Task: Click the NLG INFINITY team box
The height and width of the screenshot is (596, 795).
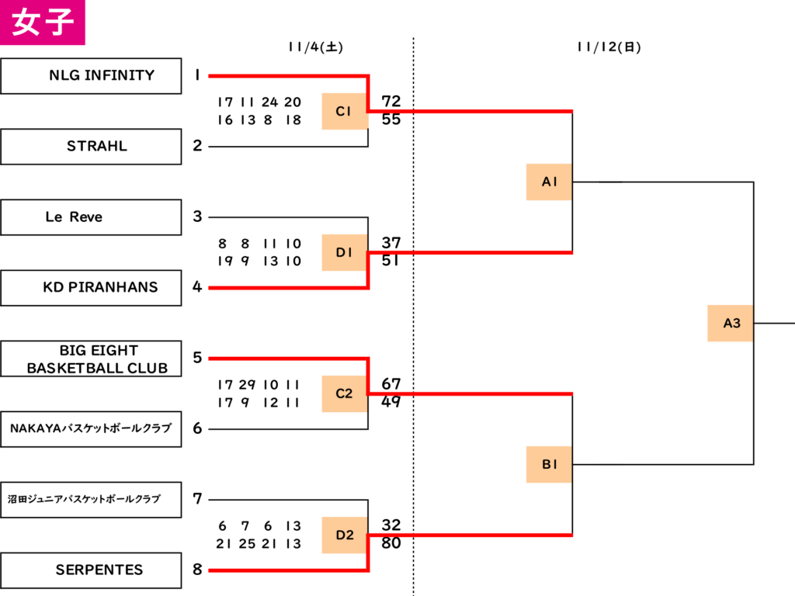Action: [91, 76]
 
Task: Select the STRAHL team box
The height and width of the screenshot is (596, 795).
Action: [91, 147]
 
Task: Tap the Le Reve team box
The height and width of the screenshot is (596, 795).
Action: [91, 217]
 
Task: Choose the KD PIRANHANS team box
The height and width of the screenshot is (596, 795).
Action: [91, 288]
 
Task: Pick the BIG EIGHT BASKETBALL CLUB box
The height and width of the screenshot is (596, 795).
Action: [91, 359]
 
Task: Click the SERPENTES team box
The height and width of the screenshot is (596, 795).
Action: [91, 570]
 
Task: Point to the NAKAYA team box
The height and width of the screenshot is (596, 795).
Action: [91, 428]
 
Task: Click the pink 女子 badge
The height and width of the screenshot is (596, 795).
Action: [43, 23]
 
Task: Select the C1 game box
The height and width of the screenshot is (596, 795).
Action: [345, 111]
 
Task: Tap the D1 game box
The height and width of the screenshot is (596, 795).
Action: [345, 252]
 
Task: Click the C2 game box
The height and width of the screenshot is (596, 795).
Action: [345, 393]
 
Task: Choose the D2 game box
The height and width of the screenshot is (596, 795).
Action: [345, 535]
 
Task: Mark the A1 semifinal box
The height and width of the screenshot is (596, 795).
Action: [549, 182]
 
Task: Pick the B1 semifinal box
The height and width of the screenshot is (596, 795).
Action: [549, 464]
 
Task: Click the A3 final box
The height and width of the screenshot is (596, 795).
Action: [730, 324]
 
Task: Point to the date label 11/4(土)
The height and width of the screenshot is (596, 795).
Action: [315, 47]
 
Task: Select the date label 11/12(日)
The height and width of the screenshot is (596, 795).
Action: [609, 47]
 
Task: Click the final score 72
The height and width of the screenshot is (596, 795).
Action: [391, 102]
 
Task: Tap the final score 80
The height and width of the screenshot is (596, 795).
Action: [391, 542]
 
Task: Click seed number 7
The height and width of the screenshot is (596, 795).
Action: [197, 499]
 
